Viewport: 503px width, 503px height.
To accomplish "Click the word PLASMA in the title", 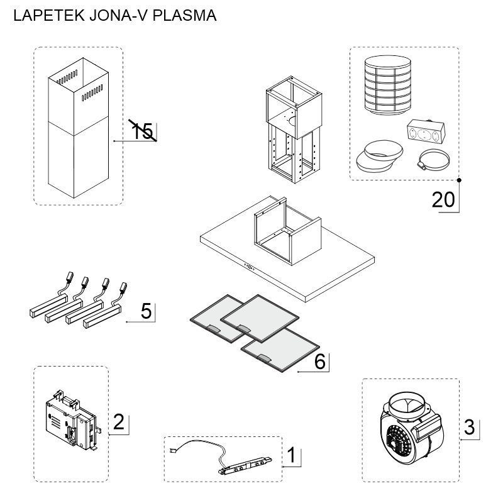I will pos(187,16).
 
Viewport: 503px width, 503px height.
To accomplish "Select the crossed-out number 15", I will pos(143,131).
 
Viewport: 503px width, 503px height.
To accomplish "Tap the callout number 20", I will pos(443,200).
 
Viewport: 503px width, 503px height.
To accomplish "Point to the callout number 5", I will pos(145,311).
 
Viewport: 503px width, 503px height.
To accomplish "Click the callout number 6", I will pos(319,362).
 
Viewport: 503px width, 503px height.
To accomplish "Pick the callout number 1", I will pos(291,455).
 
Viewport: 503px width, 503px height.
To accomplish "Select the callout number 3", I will pos(469,428).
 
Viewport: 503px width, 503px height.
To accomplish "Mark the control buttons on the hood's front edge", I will pos(249,265).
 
